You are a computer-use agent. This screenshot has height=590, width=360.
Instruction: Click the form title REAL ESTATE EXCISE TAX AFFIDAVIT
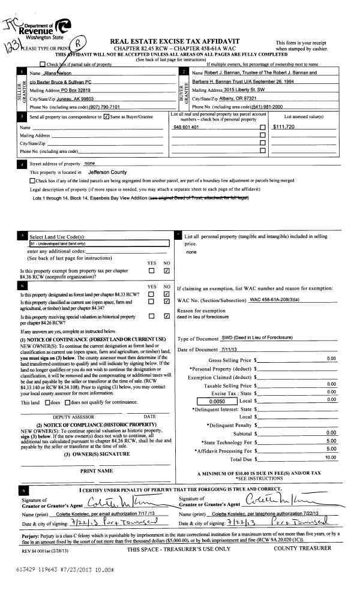click(175, 41)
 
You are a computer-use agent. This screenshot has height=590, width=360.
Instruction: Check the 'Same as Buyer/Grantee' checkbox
click(106, 116)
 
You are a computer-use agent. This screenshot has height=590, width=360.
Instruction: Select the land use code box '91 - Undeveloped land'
click(99, 244)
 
